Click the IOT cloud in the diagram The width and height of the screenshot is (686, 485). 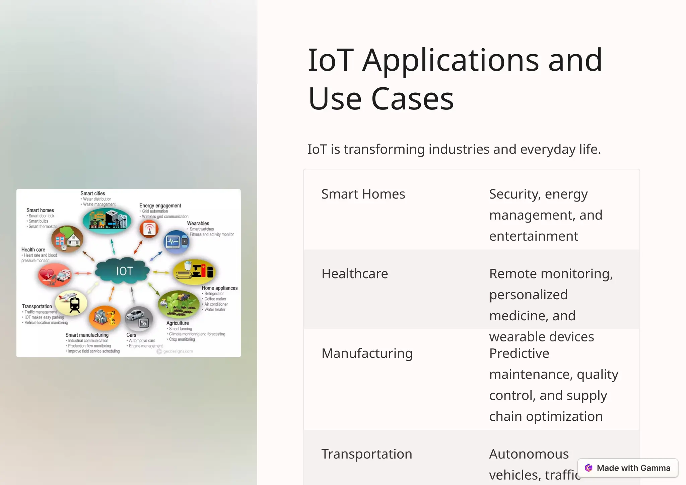123,271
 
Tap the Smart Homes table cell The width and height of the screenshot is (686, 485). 363,194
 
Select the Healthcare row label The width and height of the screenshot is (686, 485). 354,274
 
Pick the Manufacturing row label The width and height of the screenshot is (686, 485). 367,354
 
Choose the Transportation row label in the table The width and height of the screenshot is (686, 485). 366,454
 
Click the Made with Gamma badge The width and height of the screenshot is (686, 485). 628,468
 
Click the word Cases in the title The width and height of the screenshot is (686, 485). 412,99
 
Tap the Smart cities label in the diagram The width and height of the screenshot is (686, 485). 93,193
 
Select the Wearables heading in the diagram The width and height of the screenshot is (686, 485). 198,223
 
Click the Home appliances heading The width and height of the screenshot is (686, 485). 219,288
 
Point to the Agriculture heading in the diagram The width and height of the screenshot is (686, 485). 178,323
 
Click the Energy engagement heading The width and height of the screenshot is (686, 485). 160,206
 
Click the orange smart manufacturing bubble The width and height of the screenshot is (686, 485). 105,318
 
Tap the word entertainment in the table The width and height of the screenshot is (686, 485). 534,236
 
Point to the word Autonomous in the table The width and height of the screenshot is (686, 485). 529,454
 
